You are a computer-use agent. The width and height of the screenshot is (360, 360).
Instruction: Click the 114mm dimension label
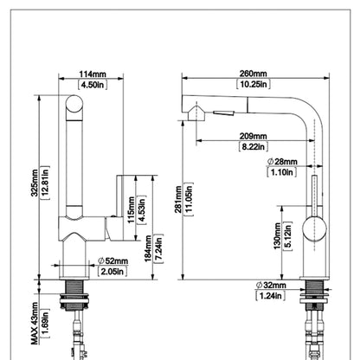coord(93,74)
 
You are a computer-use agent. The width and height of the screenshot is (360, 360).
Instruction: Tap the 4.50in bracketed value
coord(93,85)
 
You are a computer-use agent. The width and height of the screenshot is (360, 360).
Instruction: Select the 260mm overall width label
coord(253,74)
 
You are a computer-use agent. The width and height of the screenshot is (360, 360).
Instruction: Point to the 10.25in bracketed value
coord(254,84)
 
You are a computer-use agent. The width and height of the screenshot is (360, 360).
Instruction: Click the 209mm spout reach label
coord(253,136)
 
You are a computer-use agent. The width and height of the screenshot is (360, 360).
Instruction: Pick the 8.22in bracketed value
coord(253,146)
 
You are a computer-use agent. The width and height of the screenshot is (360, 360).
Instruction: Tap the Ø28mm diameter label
coord(282,162)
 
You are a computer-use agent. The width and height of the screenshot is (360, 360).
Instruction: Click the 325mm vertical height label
coord(35,183)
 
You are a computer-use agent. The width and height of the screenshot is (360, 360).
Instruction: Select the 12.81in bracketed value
coord(45,183)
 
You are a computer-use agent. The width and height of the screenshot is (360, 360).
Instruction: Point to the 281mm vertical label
coord(178,199)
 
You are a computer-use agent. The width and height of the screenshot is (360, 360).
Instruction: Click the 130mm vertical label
coord(277,235)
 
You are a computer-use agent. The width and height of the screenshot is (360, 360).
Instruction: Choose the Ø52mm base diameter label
coord(112,261)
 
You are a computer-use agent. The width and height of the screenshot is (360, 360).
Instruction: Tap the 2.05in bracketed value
coord(112,272)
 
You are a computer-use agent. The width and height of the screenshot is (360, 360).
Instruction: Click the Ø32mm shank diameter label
coord(271,285)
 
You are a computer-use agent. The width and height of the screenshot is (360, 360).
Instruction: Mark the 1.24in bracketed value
coord(270,296)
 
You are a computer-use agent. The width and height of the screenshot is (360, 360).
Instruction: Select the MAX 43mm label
coord(35,324)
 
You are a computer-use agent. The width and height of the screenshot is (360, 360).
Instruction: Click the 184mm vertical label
coord(148,248)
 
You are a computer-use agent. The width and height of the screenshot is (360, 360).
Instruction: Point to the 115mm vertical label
coord(132,209)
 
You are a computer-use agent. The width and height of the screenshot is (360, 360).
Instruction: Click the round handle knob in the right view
coord(314,229)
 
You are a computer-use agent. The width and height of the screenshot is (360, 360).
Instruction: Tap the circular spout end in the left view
coord(74,104)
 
